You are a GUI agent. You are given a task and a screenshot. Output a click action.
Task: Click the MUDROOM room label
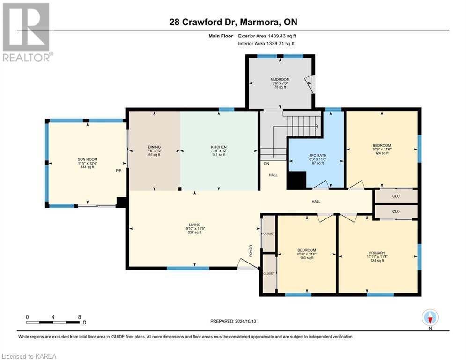(x=280, y=80)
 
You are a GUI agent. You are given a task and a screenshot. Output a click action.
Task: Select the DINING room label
(x=154, y=147)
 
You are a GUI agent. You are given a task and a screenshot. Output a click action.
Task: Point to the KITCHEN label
(x=218, y=147)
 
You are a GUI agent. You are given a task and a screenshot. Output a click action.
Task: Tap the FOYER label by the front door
(x=251, y=247)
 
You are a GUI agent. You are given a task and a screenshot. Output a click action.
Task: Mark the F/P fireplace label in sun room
(x=119, y=171)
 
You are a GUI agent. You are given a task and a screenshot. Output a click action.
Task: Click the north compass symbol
(x=430, y=318)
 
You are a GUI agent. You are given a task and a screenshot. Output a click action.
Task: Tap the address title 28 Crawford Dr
(x=233, y=22)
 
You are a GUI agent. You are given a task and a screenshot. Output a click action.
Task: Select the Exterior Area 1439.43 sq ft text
(x=266, y=36)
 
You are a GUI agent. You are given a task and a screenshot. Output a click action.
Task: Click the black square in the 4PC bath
(x=296, y=180)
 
